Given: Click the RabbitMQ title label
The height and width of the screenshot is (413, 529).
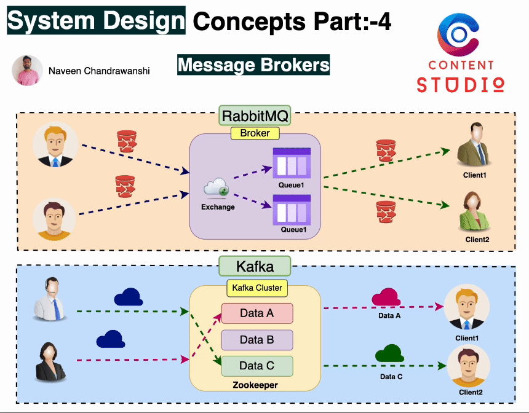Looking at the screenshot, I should tap(255, 116).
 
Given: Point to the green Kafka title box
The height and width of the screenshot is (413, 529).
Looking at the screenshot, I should tap(255, 266).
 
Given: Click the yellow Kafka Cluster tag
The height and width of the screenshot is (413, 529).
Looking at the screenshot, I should tap(257, 288).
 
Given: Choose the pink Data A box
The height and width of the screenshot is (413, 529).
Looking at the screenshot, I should tap(257, 313).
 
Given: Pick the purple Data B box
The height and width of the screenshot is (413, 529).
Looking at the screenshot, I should tap(257, 340).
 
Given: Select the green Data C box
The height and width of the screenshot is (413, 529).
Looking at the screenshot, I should tap(257, 366).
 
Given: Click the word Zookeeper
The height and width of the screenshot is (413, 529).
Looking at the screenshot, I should tap(255, 385).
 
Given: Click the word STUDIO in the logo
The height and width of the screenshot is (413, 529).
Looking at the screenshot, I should tap(461, 84).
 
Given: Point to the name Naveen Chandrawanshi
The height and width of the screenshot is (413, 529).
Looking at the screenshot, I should tap(99, 71).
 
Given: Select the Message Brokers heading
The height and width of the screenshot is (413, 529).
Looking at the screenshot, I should tap(253, 65).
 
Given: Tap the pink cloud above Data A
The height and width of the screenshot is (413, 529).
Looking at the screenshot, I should tap(387, 297).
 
